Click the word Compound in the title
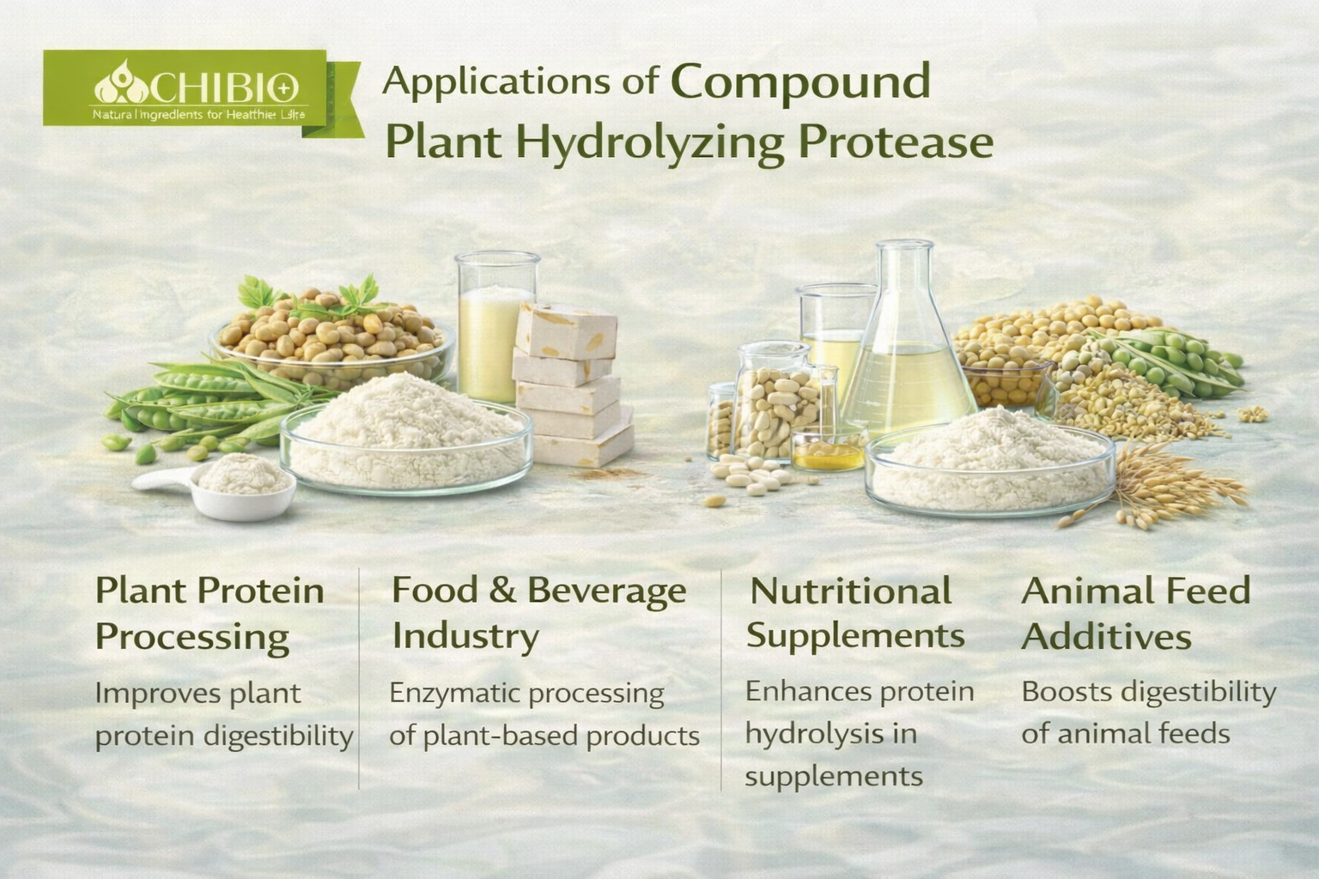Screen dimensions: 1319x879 [x=799, y=83]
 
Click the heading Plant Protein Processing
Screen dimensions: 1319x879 [x=210, y=615]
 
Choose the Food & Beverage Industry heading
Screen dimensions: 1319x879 [x=538, y=615]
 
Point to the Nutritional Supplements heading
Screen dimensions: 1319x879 [x=855, y=615]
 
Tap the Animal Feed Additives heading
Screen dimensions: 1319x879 [x=1136, y=614]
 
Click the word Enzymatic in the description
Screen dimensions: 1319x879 [x=454, y=694]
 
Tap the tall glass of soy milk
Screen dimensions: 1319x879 [x=495, y=327]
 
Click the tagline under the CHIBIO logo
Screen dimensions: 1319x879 [x=198, y=115]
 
